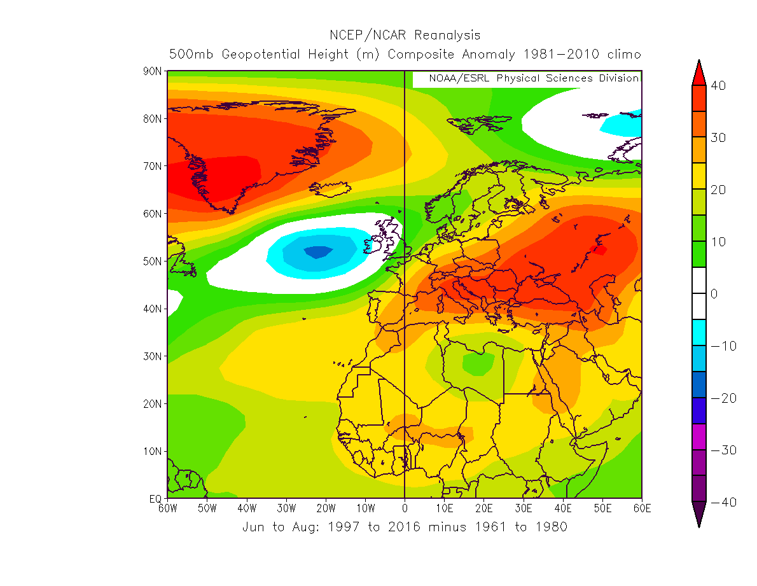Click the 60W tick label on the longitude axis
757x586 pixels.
[x=167, y=508]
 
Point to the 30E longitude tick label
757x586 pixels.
[x=524, y=508]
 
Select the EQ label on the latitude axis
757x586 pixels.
[x=156, y=499]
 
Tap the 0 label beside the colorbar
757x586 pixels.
[x=714, y=294]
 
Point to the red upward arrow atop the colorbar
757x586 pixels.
[x=698, y=72]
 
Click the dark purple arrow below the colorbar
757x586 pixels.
[x=698, y=514]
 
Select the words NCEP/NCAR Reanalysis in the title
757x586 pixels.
[x=405, y=35]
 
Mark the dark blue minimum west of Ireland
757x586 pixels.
[x=318, y=252]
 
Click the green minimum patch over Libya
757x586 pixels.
[x=478, y=363]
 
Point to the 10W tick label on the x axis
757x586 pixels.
[x=365, y=508]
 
